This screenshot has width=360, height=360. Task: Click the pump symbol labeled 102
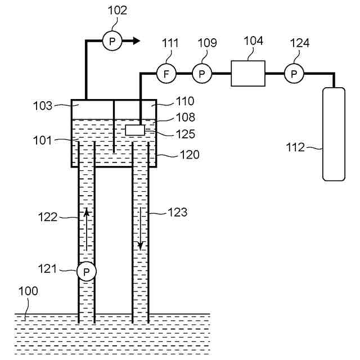113,40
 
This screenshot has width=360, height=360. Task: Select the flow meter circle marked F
166,73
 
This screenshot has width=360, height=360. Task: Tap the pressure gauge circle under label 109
201,73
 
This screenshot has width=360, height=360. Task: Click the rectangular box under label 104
248,73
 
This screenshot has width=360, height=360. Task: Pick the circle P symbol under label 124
294,73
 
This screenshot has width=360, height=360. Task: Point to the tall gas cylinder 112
334,134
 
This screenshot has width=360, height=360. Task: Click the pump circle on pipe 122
87,272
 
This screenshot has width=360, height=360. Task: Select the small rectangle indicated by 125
135,130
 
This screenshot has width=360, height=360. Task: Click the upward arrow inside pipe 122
87,228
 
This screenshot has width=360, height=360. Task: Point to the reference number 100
28,291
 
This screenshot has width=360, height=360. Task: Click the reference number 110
184,101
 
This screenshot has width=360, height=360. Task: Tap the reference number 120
190,154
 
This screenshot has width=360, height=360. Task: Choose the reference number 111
170,43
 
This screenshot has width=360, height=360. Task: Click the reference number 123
178,213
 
